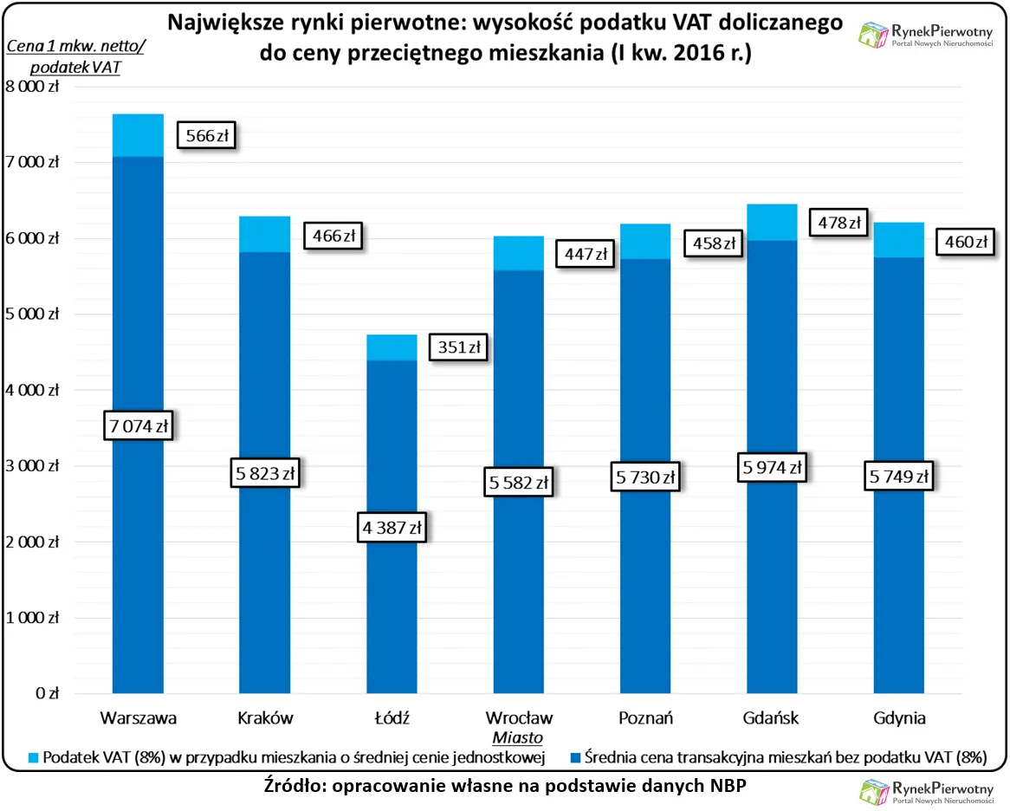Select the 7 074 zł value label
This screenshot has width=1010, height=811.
138,426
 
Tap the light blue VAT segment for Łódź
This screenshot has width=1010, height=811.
392,347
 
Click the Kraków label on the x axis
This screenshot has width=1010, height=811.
265,718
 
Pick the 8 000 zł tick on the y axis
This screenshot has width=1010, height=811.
32,86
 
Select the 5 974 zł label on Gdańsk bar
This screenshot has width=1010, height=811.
773,467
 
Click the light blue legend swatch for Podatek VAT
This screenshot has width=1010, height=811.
32,757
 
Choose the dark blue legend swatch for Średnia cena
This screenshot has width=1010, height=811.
574,757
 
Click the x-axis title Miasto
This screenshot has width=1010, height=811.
518,738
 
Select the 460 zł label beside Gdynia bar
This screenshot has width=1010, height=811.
964,243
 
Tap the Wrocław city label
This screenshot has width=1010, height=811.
519,718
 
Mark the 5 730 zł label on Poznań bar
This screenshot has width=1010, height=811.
646,477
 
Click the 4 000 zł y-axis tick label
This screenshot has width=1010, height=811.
32,390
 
